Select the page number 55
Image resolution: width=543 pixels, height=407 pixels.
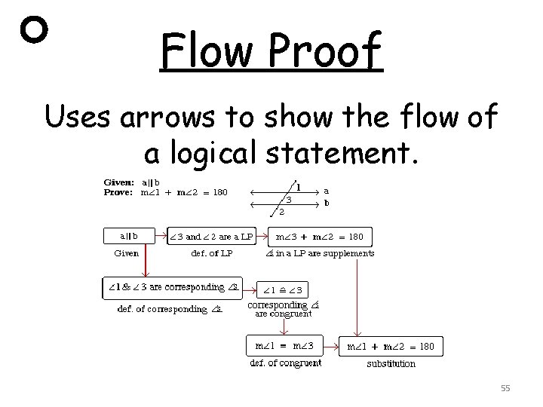point(505,387)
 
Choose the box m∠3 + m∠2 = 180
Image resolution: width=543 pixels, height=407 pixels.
point(320,237)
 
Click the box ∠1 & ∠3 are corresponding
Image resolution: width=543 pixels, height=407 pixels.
point(172,287)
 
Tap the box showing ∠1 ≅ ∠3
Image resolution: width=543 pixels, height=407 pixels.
point(281,289)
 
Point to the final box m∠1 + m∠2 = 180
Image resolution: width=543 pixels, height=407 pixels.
point(390,347)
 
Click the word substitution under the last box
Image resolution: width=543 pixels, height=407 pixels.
point(391,364)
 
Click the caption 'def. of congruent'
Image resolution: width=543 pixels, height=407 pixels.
point(285,363)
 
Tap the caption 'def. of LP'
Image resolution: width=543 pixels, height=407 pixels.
point(216,254)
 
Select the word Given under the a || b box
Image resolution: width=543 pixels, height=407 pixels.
point(126,254)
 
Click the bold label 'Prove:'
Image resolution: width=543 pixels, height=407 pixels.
point(118,192)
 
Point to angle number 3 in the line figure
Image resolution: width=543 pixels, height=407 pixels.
point(288,200)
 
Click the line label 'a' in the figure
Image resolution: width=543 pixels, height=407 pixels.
point(326,191)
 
